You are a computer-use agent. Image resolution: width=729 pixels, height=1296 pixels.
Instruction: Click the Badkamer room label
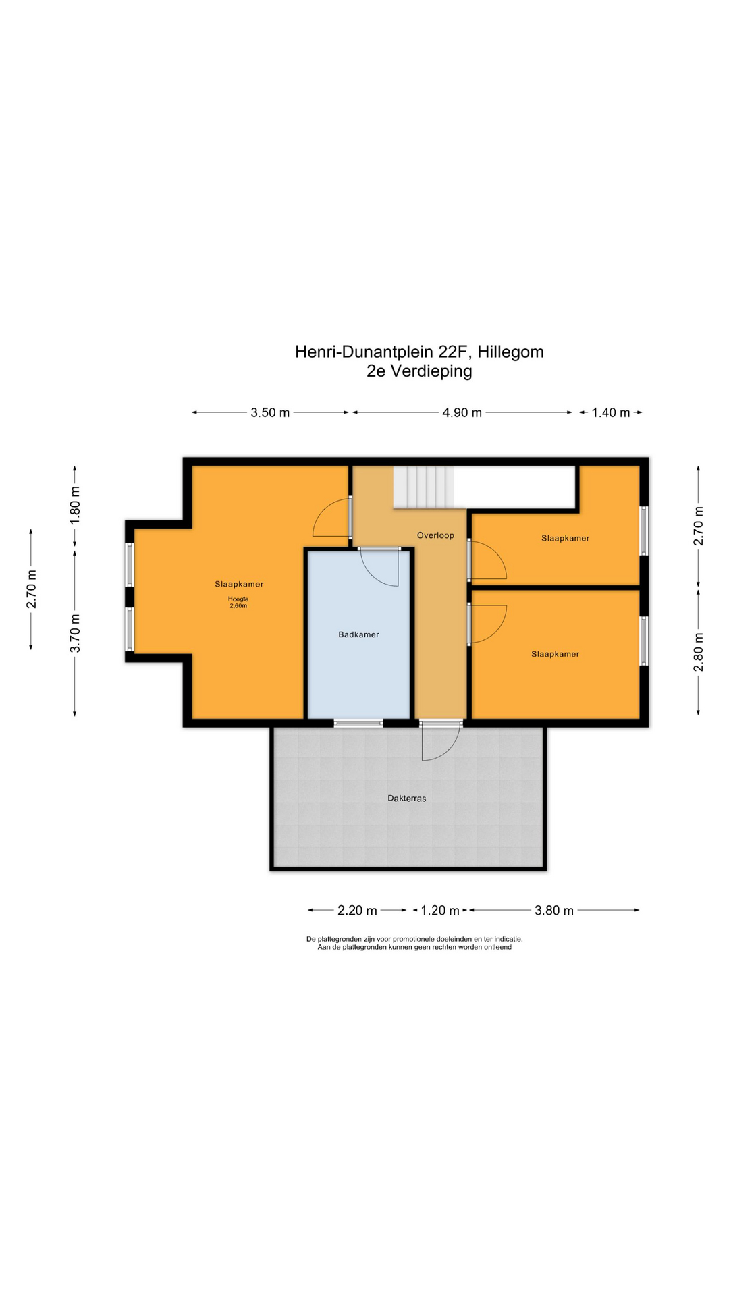click(358, 634)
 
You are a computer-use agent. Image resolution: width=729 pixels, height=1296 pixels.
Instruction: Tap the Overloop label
click(435, 535)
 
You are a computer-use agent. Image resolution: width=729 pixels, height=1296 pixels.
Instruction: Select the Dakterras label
click(406, 798)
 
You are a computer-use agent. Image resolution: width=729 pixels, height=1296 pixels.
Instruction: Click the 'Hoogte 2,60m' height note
click(238, 603)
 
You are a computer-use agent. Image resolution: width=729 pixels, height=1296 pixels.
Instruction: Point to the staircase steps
click(423, 487)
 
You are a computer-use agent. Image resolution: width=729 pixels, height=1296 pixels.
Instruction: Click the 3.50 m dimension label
click(270, 412)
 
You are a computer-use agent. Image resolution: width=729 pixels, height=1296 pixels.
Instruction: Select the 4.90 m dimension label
click(462, 412)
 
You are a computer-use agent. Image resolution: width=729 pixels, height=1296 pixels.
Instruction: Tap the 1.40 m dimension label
click(610, 412)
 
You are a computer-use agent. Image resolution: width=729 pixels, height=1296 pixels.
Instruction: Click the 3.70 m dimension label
click(75, 633)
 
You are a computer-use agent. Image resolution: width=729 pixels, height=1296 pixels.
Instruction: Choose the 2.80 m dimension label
click(699, 652)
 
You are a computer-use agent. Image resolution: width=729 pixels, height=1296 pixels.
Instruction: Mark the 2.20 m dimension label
click(357, 911)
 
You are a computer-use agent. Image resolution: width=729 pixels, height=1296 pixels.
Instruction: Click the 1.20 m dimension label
click(440, 911)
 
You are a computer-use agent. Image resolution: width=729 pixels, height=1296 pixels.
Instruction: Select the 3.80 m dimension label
click(554, 911)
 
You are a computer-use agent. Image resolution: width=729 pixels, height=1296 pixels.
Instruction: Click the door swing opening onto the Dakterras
click(439, 742)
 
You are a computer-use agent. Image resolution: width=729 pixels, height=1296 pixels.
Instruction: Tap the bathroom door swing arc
click(381, 569)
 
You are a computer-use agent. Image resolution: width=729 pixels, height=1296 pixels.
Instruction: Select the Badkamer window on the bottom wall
click(358, 724)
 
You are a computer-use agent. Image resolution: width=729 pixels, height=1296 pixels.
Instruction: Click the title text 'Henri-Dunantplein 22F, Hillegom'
click(419, 352)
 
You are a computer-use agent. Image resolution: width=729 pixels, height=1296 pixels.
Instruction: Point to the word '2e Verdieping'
click(419, 371)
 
